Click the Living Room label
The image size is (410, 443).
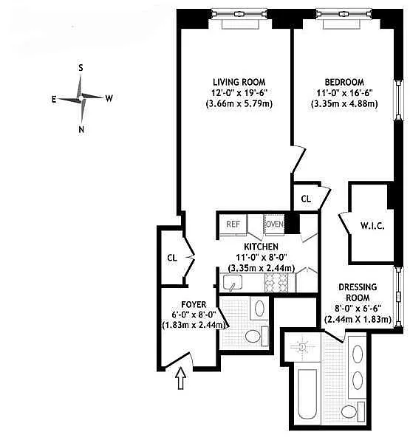[x=239, y=82]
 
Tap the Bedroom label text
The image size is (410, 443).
[x=344, y=82]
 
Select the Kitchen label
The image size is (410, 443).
[x=262, y=247]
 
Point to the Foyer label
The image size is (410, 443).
[x=194, y=304]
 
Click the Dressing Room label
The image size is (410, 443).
[x=358, y=292]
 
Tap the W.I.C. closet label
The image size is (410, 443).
[x=372, y=226]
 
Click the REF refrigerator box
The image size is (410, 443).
[x=233, y=224]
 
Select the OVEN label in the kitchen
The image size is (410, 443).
[x=275, y=224]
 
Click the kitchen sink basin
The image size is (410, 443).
[x=233, y=283]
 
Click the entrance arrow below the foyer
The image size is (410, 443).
[x=181, y=379]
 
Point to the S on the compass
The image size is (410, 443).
[x=81, y=67]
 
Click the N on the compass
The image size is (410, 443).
[x=81, y=129]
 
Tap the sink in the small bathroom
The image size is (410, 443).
[x=259, y=308]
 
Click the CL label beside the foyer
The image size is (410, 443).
[x=172, y=258]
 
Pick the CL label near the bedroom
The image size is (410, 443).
[x=306, y=199]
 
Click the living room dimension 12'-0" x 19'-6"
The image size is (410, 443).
[x=239, y=92]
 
